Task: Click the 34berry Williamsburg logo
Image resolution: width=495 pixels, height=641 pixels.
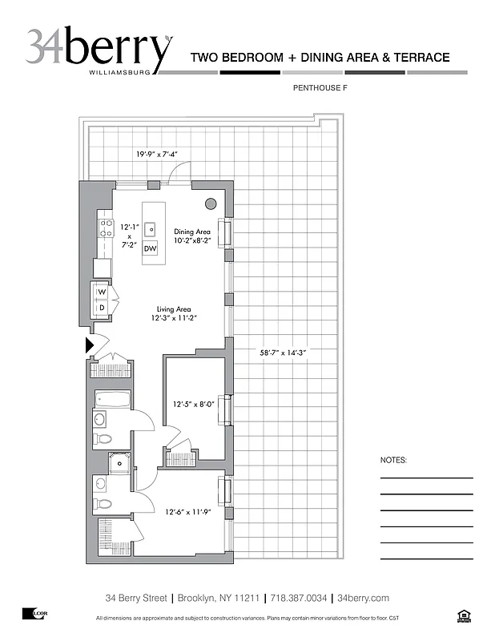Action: tap(98, 50)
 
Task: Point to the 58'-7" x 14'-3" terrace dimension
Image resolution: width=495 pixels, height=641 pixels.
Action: tap(284, 352)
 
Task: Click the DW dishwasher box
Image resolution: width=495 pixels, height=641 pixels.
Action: tap(150, 249)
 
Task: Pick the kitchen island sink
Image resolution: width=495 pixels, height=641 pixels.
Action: tap(150, 229)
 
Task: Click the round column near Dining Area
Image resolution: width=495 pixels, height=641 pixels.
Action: tap(211, 204)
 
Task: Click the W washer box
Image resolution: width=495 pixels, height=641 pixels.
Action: tap(102, 292)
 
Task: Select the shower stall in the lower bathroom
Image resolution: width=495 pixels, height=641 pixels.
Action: tap(120, 462)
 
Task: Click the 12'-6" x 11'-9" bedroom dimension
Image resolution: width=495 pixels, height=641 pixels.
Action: tap(187, 512)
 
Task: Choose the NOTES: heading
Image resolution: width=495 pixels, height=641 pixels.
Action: tap(393, 461)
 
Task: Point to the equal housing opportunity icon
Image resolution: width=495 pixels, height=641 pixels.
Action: tap(461, 615)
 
